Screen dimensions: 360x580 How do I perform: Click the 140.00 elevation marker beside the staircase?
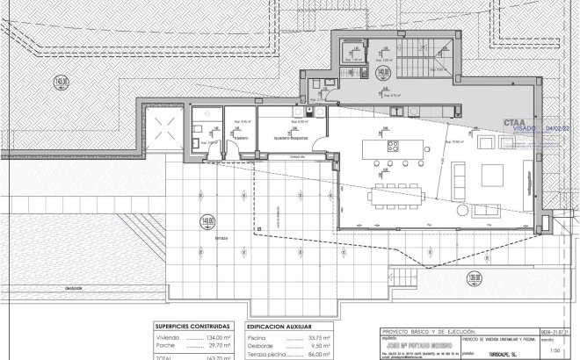383,71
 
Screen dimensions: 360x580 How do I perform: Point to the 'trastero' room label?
241,137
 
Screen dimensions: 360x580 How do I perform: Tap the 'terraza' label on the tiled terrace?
221,238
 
